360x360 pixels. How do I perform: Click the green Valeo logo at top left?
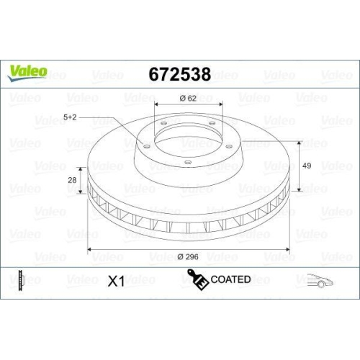point(27,70)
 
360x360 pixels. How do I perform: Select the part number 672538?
point(179,75)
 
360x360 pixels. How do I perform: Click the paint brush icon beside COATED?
point(197,279)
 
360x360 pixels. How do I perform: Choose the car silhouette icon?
point(320,281)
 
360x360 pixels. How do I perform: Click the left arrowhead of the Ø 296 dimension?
point(90,250)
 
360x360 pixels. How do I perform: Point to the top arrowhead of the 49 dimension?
point(297,142)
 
